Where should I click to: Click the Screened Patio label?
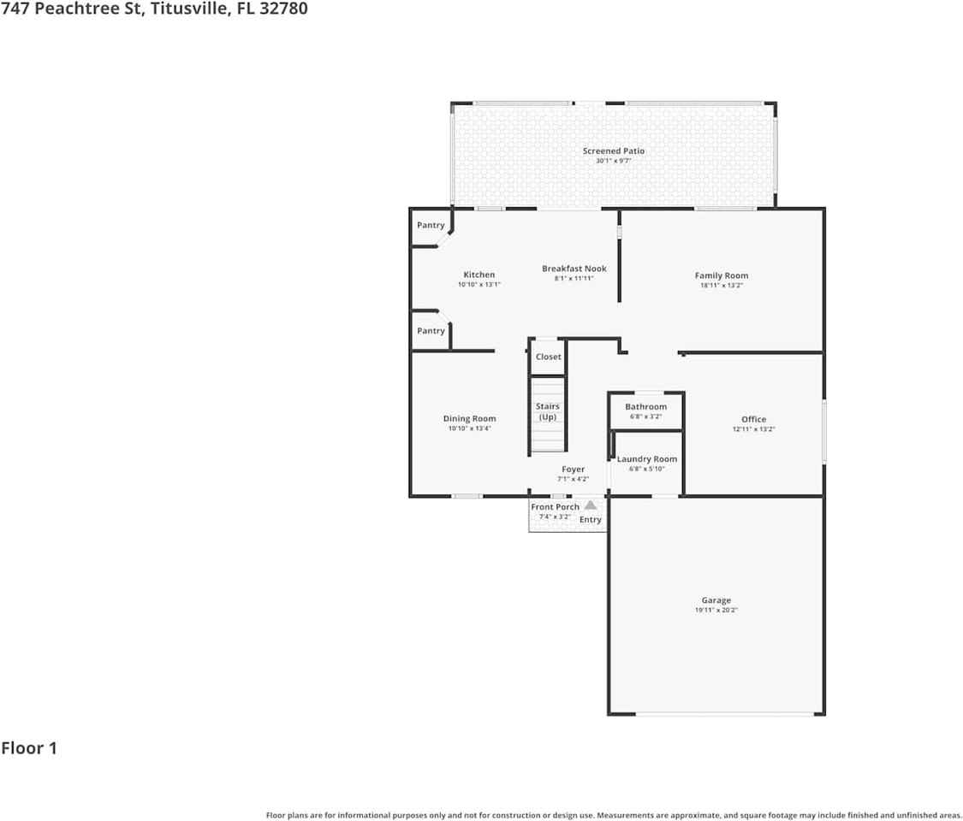[x=613, y=151]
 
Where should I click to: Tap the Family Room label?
[x=721, y=275]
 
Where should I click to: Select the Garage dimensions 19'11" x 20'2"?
[x=716, y=611]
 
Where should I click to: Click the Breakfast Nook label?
[x=574, y=269]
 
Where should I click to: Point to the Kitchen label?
[x=479, y=275]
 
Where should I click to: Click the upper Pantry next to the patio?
[x=431, y=226]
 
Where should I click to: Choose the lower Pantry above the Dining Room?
[x=431, y=331]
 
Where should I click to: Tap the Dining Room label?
[x=469, y=419]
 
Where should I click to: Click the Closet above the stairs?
[x=548, y=357]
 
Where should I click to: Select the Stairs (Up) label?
[x=548, y=411]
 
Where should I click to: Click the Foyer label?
[x=573, y=470]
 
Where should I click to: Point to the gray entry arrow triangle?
[x=590, y=505]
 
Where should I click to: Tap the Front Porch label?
[x=555, y=507]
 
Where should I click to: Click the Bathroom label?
[x=645, y=407]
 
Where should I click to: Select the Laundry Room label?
[x=646, y=459]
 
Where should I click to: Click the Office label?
[x=753, y=419]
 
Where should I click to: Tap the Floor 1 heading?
[x=29, y=748]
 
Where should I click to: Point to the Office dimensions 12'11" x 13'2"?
[x=753, y=430]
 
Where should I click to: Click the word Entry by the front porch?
[x=591, y=520]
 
